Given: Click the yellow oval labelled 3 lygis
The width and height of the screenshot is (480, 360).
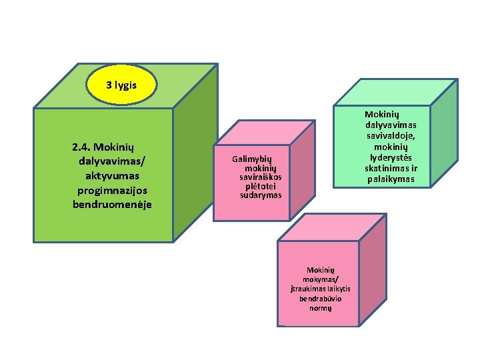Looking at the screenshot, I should click(122, 85).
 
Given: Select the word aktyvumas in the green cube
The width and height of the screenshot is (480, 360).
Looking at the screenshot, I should click(112, 175).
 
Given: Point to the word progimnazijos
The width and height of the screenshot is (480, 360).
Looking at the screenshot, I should click(112, 190).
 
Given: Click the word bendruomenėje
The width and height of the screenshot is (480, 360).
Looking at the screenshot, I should click(112, 203).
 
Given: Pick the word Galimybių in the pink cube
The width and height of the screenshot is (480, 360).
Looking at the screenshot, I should click(253, 159).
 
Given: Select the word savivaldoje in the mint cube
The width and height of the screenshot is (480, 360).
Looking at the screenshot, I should click(391, 135).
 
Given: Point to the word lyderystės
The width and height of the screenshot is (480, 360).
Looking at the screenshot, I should click(391, 157).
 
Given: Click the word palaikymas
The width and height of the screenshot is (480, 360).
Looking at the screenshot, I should click(391, 179).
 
